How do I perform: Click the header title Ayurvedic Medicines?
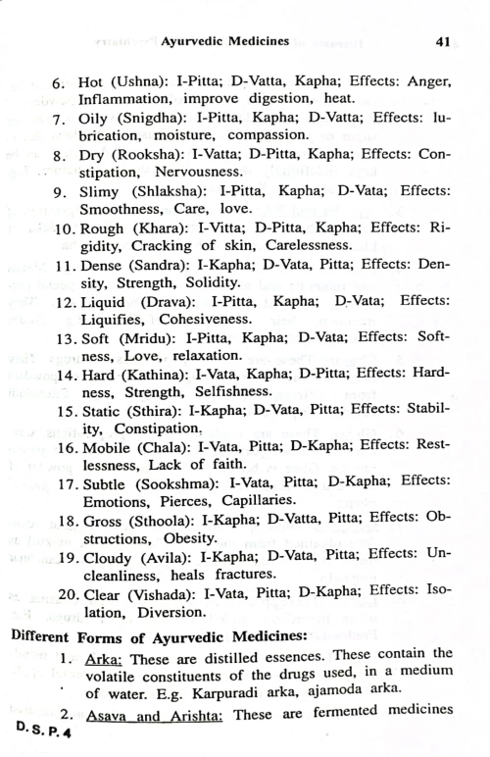pyautogui.click(x=224, y=42)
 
